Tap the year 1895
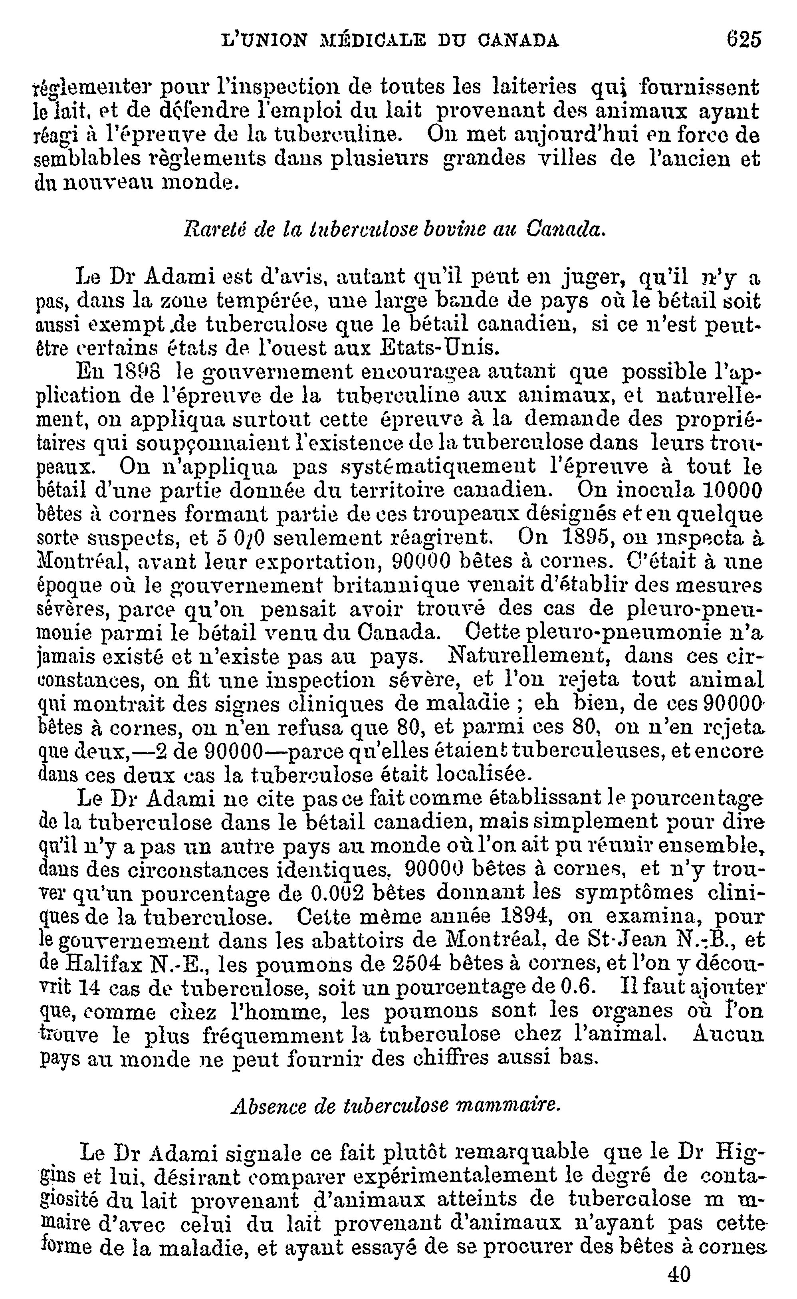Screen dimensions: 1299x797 [576, 538]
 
